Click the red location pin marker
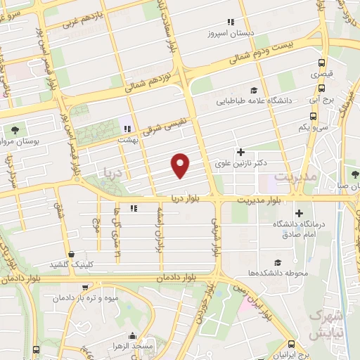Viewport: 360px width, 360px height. pyautogui.click(x=181, y=165)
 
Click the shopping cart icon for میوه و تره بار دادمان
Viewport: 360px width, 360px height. pyautogui.click(x=85, y=288)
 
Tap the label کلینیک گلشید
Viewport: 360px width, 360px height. pyautogui.click(x=71, y=264)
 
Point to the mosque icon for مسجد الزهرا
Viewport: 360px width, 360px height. pyautogui.click(x=131, y=337)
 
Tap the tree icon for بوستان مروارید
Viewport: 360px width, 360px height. pyautogui.click(x=15, y=130)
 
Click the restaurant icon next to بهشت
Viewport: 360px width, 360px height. pyautogui.click(x=127, y=129)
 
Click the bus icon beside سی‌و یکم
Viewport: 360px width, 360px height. pyautogui.click(x=312, y=117)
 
